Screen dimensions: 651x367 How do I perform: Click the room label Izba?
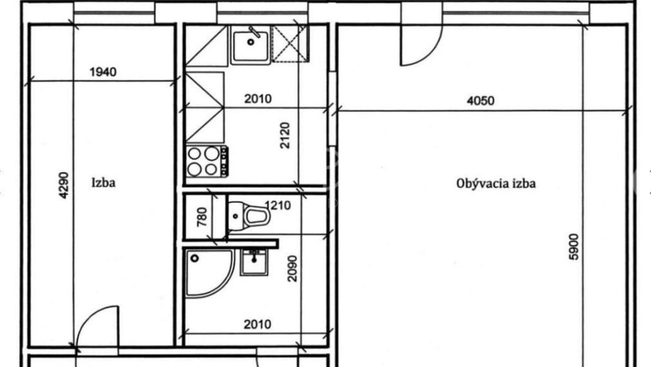[x=104, y=183]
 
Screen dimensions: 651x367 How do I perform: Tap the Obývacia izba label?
[x=496, y=183]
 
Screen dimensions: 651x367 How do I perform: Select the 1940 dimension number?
[x=103, y=72]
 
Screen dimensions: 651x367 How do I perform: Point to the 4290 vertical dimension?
[x=64, y=185]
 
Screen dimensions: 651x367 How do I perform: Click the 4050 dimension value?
[x=481, y=101]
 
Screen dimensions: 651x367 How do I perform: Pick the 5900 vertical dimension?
[x=573, y=247]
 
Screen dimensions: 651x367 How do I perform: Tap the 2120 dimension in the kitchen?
[x=285, y=135]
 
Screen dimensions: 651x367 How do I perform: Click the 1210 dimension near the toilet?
[x=278, y=205]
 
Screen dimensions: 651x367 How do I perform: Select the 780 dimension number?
[x=202, y=217]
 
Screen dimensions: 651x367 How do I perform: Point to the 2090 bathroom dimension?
[x=292, y=268]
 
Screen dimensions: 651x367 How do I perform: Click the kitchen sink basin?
[x=250, y=45]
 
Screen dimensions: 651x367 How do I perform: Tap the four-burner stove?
[x=207, y=161]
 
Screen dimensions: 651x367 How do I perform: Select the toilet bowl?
[x=249, y=216]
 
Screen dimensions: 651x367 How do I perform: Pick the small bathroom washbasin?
[x=254, y=262]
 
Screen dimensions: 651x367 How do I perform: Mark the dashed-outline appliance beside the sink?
[x=290, y=44]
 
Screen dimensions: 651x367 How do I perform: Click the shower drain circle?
[x=194, y=258]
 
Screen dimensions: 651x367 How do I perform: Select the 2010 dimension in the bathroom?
[x=258, y=325]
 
